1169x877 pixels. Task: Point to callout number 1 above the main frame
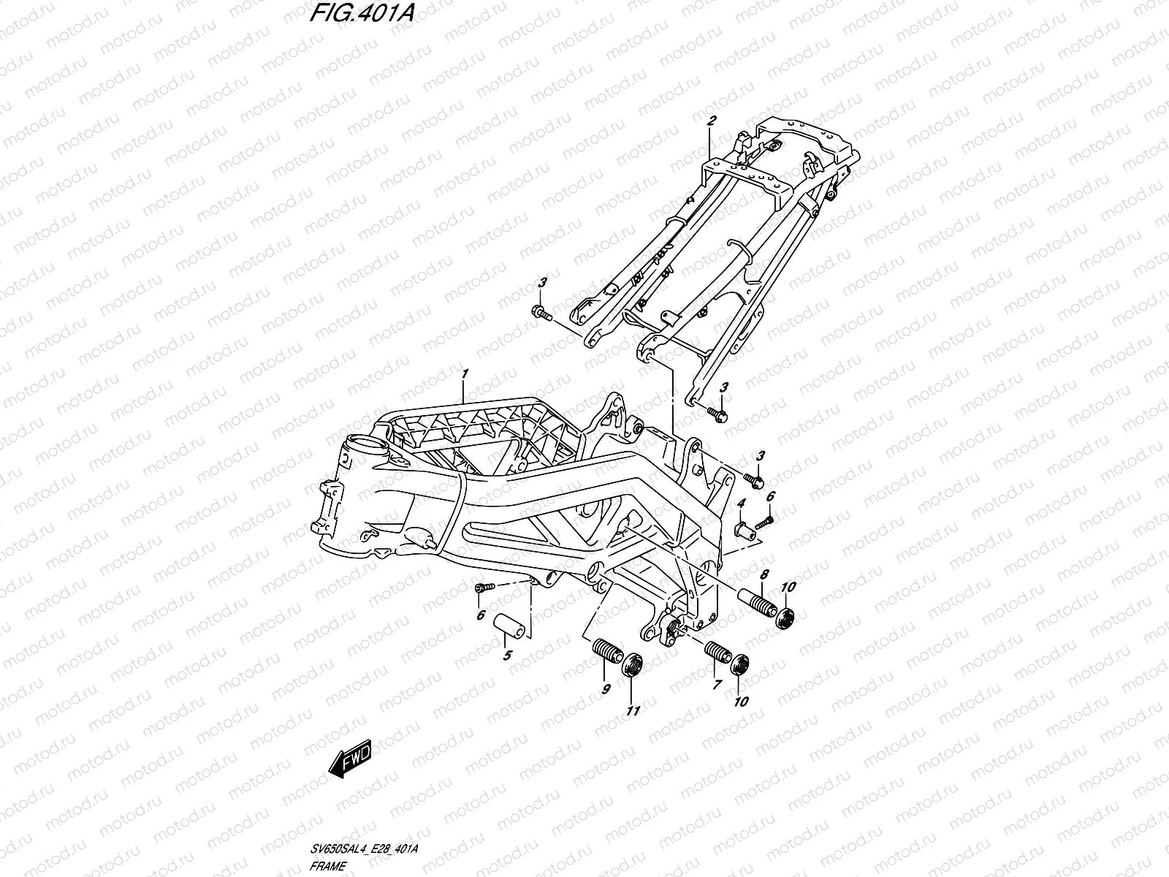tap(464, 374)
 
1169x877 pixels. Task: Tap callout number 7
tap(717, 685)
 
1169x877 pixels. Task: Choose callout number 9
tap(606, 688)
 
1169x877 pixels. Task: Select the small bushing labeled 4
tap(742, 530)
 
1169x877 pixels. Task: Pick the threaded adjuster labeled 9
tap(605, 650)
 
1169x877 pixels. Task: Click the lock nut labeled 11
tap(632, 665)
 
